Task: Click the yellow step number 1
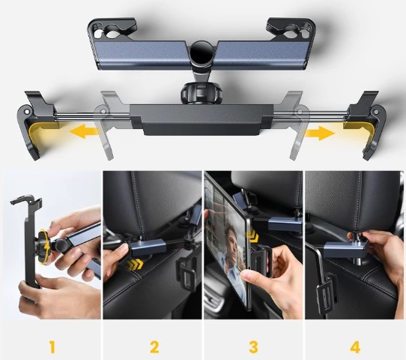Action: pyautogui.click(x=52, y=347)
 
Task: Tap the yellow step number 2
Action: pyautogui.click(x=154, y=347)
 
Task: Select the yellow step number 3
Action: pyautogui.click(x=254, y=347)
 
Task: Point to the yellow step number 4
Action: pyautogui.click(x=355, y=347)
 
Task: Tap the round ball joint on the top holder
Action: pyautogui.click(x=201, y=55)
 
